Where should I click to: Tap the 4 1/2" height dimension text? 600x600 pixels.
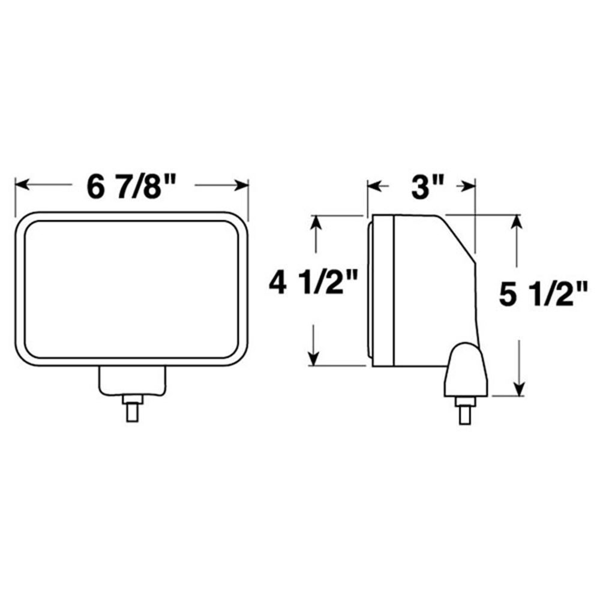click(x=313, y=283)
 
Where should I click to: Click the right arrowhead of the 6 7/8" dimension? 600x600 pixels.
click(x=242, y=185)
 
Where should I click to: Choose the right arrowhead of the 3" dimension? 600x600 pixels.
click(x=469, y=187)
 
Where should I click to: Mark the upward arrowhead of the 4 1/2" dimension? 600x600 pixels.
click(x=316, y=223)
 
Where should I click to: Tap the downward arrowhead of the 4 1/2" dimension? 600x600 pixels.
click(x=313, y=359)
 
